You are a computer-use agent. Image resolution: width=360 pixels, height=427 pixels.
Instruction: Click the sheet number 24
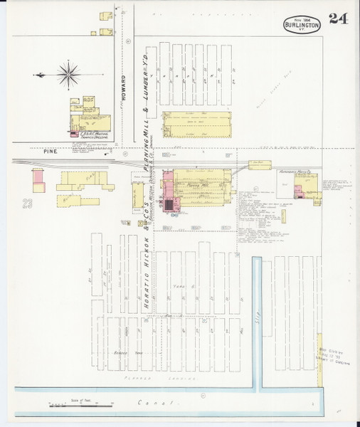click(x=338, y=19)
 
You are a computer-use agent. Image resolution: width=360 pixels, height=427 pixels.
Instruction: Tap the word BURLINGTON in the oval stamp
click(x=302, y=24)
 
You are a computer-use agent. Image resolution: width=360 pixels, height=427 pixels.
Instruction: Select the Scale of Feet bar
click(x=80, y=404)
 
